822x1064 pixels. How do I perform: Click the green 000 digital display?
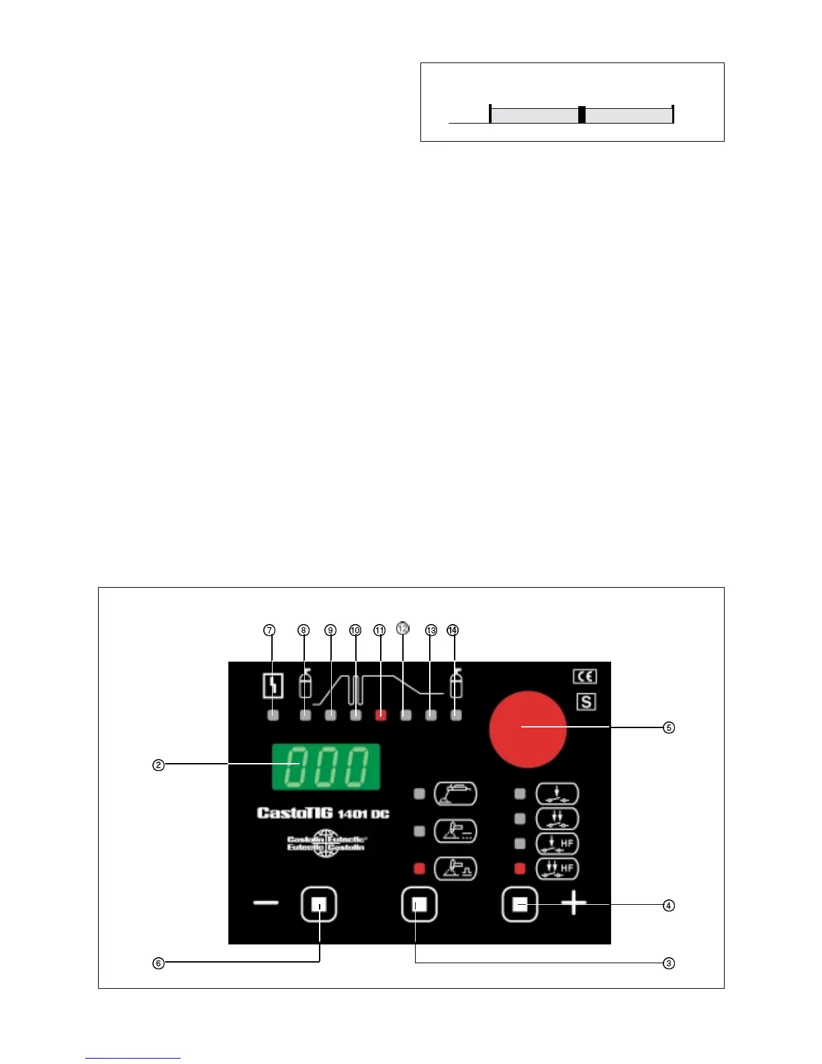click(326, 766)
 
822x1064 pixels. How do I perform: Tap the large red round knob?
click(528, 729)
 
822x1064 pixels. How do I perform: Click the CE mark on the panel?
click(585, 676)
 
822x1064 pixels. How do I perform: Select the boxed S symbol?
click(586, 702)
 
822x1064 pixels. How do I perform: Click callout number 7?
click(269, 630)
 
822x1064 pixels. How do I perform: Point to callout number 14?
click(453, 630)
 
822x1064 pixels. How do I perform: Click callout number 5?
click(668, 727)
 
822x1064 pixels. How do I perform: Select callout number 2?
click(158, 765)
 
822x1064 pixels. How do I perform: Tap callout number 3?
click(668, 963)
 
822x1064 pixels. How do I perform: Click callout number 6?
click(158, 963)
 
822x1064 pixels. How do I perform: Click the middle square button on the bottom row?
click(419, 905)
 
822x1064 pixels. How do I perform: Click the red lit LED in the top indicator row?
click(381, 715)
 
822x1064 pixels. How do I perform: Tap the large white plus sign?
click(574, 903)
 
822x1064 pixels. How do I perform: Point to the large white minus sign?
click(266, 903)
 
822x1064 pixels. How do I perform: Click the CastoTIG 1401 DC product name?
click(323, 813)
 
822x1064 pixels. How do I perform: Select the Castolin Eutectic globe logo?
click(326, 844)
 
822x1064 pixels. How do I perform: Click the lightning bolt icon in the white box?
click(273, 686)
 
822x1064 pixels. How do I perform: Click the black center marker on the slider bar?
click(582, 115)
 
